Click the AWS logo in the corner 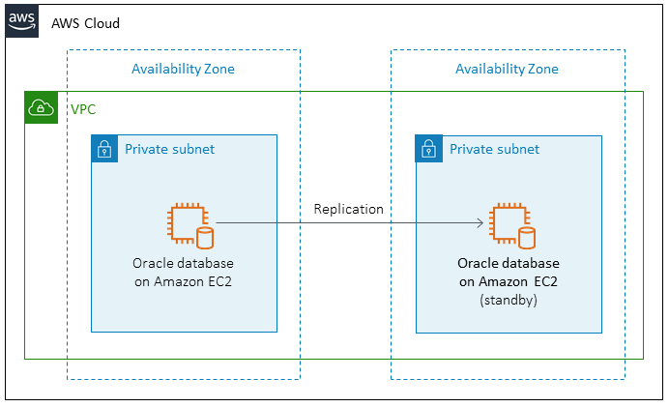[22, 21]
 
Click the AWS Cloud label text [85, 23]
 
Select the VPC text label [83, 109]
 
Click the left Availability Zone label [183, 69]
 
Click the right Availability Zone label [507, 69]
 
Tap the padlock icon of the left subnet [104, 150]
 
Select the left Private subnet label [169, 150]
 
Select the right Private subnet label [494, 150]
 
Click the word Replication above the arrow [348, 209]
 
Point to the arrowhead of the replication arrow [480, 223]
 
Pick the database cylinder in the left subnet [204, 238]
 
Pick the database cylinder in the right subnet [528, 238]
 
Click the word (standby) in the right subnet [509, 301]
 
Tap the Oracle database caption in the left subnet [183, 263]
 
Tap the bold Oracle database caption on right [509, 263]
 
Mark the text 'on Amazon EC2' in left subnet [183, 281]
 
